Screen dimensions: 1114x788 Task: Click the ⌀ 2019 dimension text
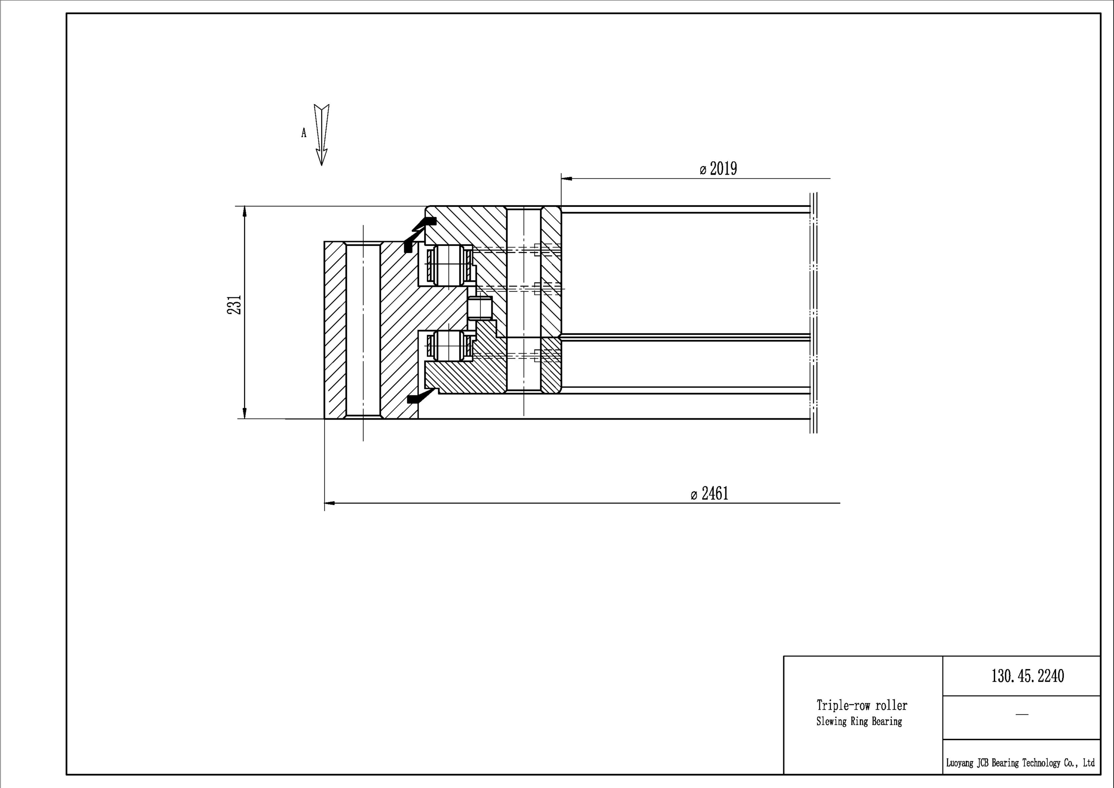tap(718, 169)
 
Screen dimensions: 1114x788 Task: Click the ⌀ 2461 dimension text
tap(709, 494)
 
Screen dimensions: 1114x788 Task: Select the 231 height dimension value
tap(235, 304)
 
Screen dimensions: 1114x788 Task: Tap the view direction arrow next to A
tap(321, 135)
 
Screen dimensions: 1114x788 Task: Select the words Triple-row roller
tap(862, 705)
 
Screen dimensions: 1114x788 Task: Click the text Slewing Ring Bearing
tap(859, 721)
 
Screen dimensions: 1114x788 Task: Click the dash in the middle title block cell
tap(1022, 714)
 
